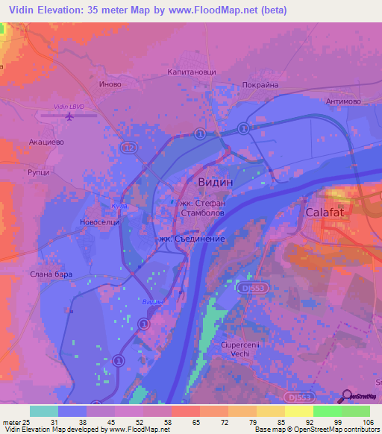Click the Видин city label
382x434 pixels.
click(x=216, y=182)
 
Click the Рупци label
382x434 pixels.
click(x=39, y=172)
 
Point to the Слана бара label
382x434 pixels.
click(x=52, y=274)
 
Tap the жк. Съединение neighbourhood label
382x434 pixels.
click(x=191, y=239)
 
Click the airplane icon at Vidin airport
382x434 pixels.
click(x=70, y=116)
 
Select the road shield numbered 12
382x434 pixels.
click(x=131, y=148)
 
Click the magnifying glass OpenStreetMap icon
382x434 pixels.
click(x=348, y=397)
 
